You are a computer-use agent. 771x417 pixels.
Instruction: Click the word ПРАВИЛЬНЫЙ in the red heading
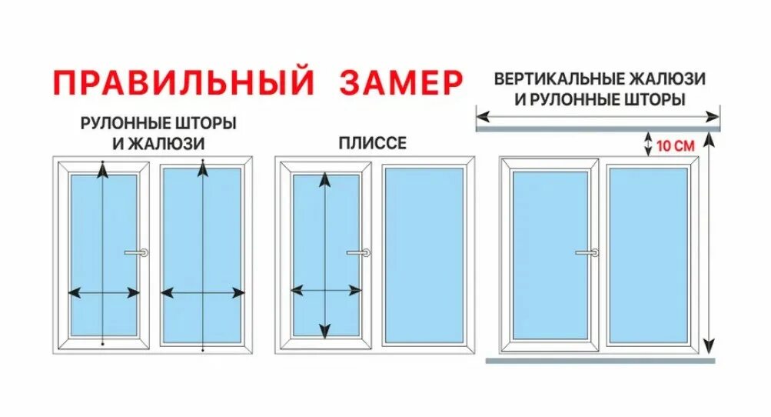coord(184,82)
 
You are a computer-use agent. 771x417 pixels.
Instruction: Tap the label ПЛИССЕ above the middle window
coord(372,143)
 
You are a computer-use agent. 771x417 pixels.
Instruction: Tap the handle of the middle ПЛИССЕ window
coord(358,252)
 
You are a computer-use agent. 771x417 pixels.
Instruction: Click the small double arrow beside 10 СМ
coord(648,142)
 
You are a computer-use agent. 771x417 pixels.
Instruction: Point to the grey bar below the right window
coord(600,360)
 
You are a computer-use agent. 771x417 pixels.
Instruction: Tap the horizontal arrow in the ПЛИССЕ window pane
coord(325,290)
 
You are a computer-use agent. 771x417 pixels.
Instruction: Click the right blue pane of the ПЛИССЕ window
coord(424,255)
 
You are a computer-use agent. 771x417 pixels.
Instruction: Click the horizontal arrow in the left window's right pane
coord(202,292)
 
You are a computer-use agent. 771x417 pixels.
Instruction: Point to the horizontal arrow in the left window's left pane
coord(104,292)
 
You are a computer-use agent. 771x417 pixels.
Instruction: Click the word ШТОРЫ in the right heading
coord(657,100)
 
